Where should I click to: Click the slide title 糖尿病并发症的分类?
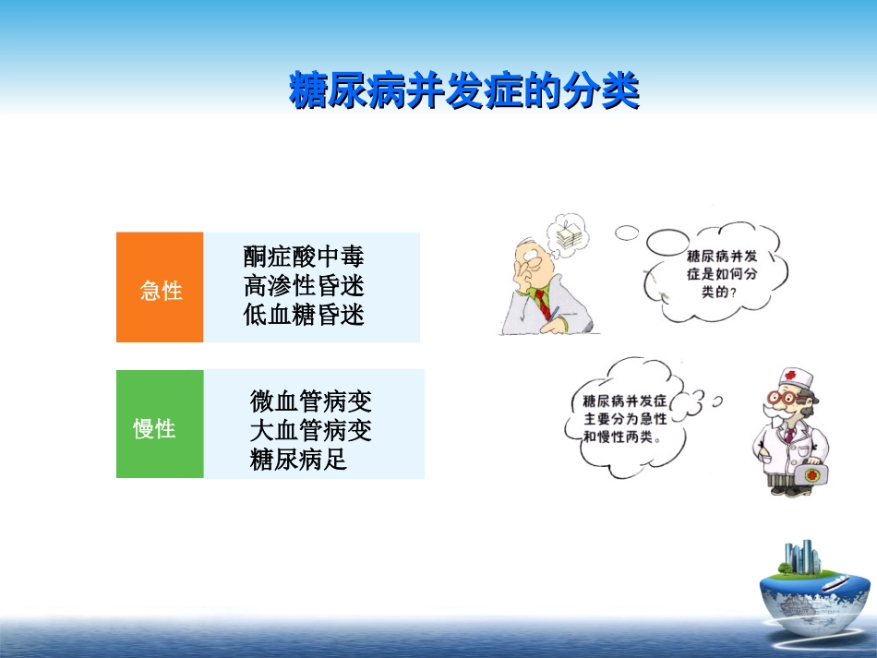pos(463,92)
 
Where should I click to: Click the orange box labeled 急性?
pos(160,287)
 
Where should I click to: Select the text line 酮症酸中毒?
pos(304,257)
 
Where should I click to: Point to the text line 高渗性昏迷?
pos(304,286)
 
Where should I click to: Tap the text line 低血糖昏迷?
pos(304,316)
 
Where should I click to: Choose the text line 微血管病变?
pos(310,402)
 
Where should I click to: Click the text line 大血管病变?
pos(310,431)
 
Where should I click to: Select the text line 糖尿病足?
pos(298,460)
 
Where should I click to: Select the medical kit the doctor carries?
pos(813,474)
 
